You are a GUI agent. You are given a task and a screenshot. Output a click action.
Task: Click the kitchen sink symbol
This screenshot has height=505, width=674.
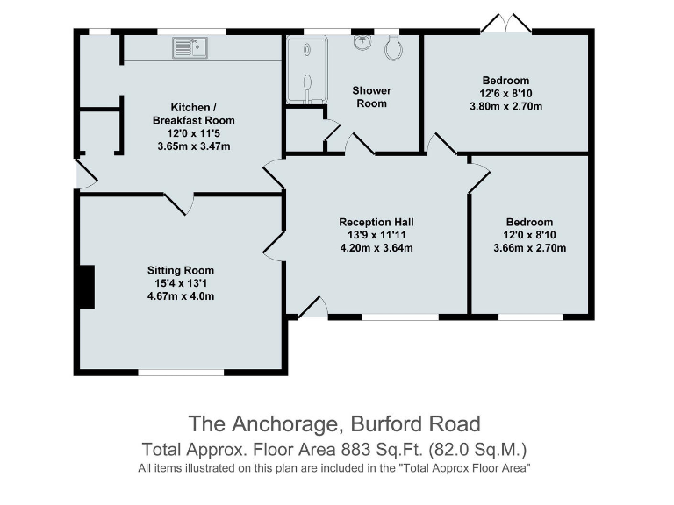pyautogui.click(x=189, y=46)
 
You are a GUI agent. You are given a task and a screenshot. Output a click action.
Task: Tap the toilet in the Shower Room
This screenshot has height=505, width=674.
pyautogui.click(x=393, y=48)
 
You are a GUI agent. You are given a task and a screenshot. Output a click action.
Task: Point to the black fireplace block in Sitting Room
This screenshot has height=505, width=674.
pyautogui.click(x=85, y=287)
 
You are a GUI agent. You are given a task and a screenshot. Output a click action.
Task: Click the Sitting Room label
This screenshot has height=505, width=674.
pyautogui.click(x=181, y=270)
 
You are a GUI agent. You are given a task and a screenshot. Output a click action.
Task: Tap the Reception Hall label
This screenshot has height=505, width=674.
pyautogui.click(x=376, y=222)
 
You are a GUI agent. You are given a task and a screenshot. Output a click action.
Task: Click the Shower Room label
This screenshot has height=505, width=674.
pyautogui.click(x=371, y=96)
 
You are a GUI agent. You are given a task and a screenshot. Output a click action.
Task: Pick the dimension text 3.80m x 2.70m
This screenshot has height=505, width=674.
pyautogui.click(x=505, y=107)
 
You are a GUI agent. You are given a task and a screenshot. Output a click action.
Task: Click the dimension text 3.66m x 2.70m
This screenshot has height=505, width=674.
pyautogui.click(x=529, y=248)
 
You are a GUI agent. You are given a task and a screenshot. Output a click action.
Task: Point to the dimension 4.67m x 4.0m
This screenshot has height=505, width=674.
pyautogui.click(x=181, y=295)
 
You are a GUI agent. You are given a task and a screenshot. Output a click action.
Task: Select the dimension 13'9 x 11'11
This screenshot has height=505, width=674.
pyautogui.click(x=376, y=235)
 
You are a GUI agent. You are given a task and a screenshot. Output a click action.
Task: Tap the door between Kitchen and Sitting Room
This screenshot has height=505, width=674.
pyautogui.click(x=178, y=203)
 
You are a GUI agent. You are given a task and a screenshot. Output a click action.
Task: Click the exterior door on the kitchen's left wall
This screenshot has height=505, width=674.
pyautogui.click(x=85, y=174)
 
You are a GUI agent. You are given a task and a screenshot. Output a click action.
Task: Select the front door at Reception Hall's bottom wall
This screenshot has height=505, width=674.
pyautogui.click(x=313, y=308)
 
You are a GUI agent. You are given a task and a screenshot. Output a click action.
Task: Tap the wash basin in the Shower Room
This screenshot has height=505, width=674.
pyautogui.click(x=362, y=41)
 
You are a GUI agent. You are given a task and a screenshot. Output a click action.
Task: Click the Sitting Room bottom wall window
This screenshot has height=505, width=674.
pyautogui.click(x=181, y=373)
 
